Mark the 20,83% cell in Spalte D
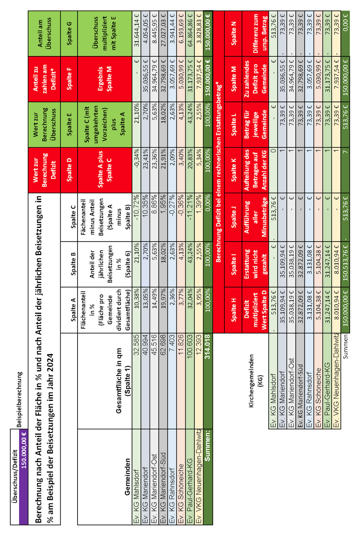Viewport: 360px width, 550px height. point(190,165)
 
